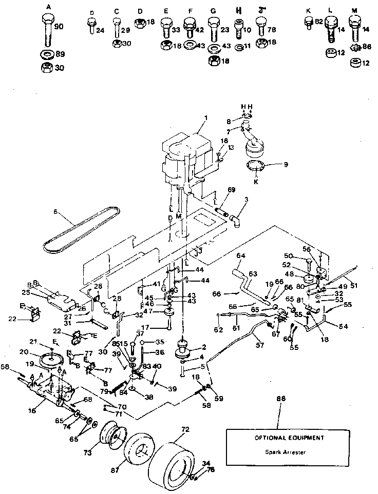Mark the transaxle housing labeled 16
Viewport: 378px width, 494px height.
pyautogui.click(x=51, y=395)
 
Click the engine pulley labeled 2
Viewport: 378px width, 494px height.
pyautogui.click(x=183, y=350)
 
